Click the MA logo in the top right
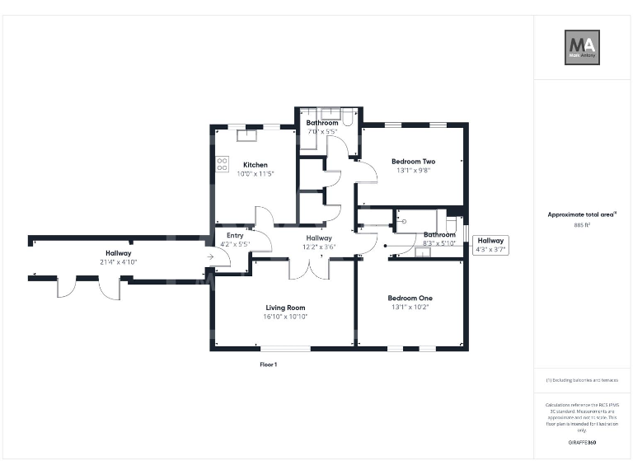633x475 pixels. (582, 47)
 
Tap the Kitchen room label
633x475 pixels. (255, 165)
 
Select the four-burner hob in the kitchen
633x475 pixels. (222, 164)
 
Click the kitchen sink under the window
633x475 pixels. (248, 129)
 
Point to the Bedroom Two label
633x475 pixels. (413, 162)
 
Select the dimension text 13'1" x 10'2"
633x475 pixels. (410, 307)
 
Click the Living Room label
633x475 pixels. (284, 308)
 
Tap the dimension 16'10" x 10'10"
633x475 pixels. (284, 317)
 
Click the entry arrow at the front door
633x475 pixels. (210, 257)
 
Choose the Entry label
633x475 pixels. (235, 235)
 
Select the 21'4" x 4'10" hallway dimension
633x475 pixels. (118, 262)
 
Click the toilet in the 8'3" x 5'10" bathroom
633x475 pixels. (452, 224)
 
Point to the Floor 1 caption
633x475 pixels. (269, 364)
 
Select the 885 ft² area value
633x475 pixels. (582, 224)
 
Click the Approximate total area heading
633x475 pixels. (581, 214)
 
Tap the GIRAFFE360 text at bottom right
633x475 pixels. (582, 443)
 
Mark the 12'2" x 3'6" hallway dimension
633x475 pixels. (319, 246)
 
